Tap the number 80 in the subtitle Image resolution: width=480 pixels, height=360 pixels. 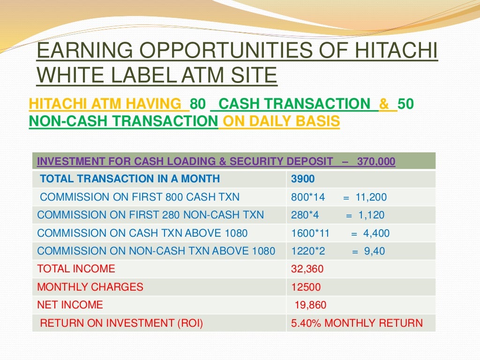(197, 104)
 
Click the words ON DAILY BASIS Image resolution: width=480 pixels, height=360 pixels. (281, 121)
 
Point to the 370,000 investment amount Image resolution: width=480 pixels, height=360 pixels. (376, 162)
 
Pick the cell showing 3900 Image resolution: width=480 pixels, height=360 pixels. (303, 179)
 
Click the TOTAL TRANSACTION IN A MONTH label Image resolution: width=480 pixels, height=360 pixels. (130, 179)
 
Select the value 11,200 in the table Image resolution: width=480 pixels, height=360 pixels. (371, 197)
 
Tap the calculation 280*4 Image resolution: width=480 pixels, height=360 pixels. (305, 215)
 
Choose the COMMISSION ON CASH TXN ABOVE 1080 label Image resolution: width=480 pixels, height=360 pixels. (142, 233)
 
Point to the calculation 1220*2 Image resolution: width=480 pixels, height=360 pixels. (308, 251)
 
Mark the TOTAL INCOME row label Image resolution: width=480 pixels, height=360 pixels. (76, 269)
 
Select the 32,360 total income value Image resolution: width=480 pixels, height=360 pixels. (307, 269)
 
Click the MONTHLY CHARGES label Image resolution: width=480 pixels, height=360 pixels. (90, 287)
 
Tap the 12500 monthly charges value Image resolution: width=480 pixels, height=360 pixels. (306, 287)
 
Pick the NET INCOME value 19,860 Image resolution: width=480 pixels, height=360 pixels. (310, 305)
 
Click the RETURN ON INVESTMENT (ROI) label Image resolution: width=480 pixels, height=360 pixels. (121, 323)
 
